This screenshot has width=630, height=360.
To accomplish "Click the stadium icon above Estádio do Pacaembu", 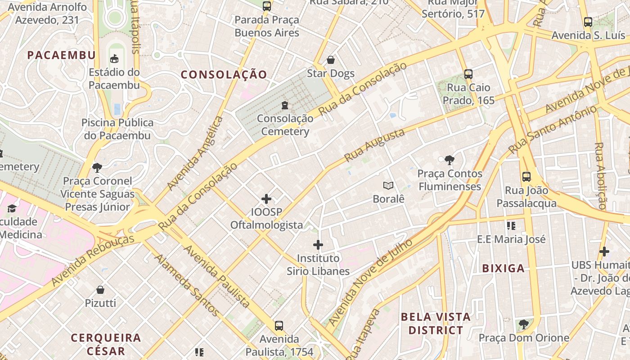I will [x=114, y=58].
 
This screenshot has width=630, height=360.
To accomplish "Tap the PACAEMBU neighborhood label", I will [x=61, y=55].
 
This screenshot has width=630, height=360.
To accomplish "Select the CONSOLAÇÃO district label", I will [x=224, y=75].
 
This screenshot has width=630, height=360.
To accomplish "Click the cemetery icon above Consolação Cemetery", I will [x=284, y=105].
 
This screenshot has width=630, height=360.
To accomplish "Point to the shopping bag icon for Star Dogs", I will [x=331, y=60].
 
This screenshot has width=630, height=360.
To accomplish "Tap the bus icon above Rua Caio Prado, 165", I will [x=468, y=74].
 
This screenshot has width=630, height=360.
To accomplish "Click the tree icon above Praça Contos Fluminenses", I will [x=449, y=160].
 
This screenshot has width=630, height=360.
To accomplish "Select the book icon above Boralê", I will [x=388, y=185].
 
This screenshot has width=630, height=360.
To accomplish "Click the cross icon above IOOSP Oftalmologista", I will [x=266, y=198].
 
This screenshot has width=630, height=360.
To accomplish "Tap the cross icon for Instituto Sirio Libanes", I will [x=318, y=245].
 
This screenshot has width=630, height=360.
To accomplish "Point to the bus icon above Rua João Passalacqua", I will [x=526, y=177].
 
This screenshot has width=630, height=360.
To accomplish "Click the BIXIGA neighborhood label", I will [x=504, y=269].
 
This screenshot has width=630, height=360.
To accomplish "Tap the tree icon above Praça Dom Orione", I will [x=523, y=324].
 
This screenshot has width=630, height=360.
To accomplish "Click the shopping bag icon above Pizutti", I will [x=100, y=289].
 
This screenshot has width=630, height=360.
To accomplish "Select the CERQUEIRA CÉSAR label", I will [x=106, y=344].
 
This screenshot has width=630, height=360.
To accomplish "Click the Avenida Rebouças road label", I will [x=92, y=260].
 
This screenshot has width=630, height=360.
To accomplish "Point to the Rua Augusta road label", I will [x=374, y=145].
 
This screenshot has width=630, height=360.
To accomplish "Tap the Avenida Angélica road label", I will [x=195, y=153].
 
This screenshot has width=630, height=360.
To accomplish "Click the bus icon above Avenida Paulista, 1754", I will [x=279, y=325].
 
